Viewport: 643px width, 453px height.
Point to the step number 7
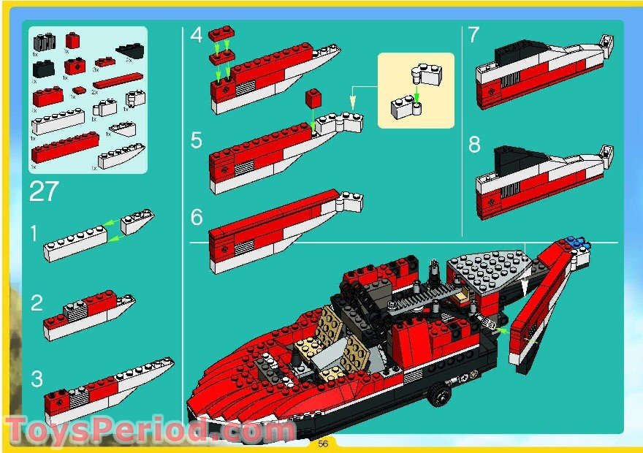[473, 34]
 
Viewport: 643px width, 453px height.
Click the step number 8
[474, 145]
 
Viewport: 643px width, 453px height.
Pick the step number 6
[195, 217]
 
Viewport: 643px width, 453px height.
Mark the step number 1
[33, 233]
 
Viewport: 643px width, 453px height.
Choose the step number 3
[37, 378]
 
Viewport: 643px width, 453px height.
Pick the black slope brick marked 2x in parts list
[130, 51]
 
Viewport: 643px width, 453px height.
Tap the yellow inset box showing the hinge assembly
[415, 90]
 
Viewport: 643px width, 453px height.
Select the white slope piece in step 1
[137, 222]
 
